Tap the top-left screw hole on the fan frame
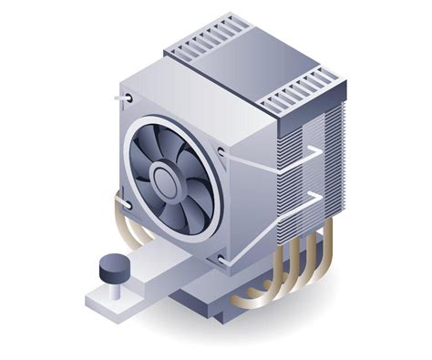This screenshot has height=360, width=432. tap(128, 98)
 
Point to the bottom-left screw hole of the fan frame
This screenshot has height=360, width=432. tap(127, 205)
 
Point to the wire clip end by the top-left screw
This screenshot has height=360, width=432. tap(118, 97)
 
